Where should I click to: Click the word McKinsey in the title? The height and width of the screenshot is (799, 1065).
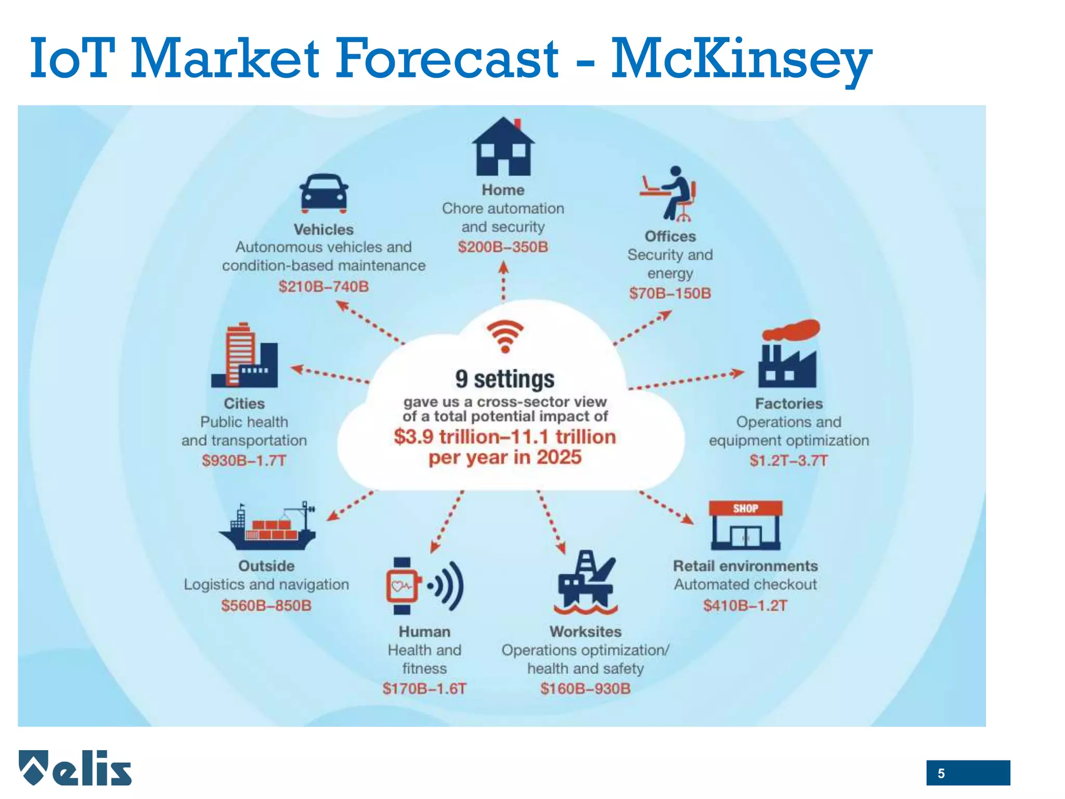(x=741, y=58)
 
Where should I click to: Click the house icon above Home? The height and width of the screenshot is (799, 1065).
(x=503, y=147)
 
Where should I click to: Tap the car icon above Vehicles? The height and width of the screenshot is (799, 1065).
(x=323, y=194)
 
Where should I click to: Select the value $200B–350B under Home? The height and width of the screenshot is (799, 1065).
(x=503, y=247)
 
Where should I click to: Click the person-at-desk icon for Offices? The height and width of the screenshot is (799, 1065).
(x=669, y=194)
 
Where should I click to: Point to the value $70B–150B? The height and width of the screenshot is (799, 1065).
(x=670, y=293)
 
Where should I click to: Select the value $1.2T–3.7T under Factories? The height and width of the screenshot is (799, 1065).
(x=788, y=460)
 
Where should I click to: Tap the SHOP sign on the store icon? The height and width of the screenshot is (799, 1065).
(x=745, y=508)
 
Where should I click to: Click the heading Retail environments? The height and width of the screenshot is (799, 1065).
(x=745, y=566)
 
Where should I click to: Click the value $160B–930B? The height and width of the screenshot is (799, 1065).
(x=585, y=689)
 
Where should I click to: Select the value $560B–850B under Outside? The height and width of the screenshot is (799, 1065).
(x=266, y=605)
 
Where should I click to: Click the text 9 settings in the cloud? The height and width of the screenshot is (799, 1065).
(x=504, y=379)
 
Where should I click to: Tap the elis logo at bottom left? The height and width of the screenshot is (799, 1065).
(x=75, y=768)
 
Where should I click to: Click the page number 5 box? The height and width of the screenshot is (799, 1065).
(x=967, y=773)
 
